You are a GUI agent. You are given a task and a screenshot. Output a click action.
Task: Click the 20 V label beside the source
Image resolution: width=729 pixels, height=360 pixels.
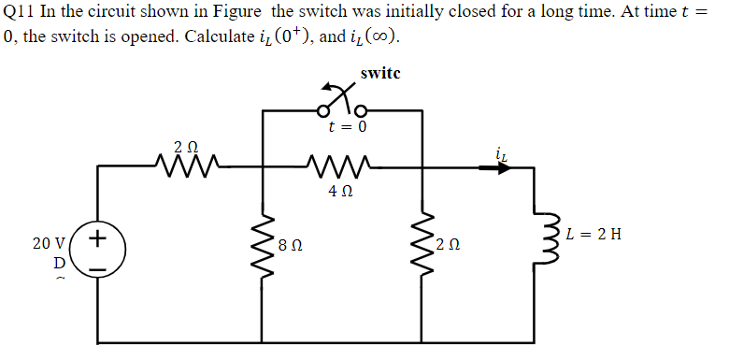(48, 243)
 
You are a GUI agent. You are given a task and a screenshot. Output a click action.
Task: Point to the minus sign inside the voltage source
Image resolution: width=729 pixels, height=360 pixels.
(98, 271)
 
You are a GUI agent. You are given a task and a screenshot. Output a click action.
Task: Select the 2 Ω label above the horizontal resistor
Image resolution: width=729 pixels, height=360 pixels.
(186, 146)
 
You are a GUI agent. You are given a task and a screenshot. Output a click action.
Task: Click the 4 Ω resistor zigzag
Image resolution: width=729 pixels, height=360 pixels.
(340, 167)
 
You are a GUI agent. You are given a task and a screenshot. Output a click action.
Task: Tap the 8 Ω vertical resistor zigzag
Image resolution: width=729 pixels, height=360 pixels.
(263, 248)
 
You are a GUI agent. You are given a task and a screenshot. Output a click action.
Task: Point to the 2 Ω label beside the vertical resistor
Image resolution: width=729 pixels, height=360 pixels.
(450, 246)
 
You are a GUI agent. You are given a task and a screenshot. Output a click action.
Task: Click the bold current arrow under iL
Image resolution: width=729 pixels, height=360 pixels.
(495, 168)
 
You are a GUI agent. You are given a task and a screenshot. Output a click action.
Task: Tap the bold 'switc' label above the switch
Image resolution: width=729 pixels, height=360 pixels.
(379, 73)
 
